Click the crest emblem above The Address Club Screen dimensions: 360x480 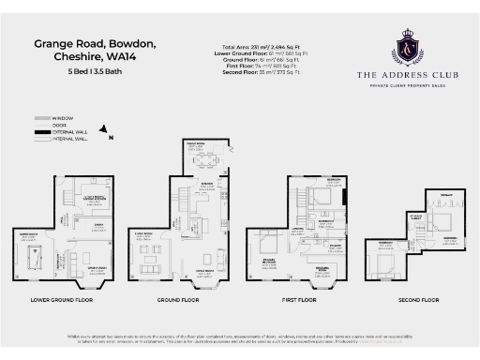click(406, 44)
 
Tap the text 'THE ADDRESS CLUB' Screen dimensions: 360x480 click(406, 73)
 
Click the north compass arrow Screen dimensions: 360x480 click(105, 133)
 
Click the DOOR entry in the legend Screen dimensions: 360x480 click(60, 126)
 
